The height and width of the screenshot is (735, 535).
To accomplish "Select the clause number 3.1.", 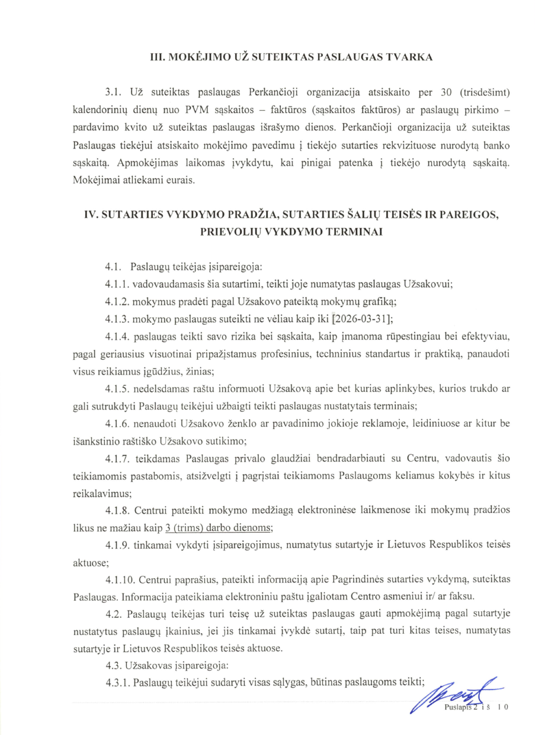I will click(x=114, y=93).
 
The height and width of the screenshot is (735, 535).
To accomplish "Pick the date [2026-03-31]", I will click(x=362, y=320).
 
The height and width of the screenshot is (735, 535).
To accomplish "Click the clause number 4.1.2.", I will click(x=117, y=301).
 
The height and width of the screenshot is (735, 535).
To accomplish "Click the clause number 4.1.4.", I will click(x=117, y=337).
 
